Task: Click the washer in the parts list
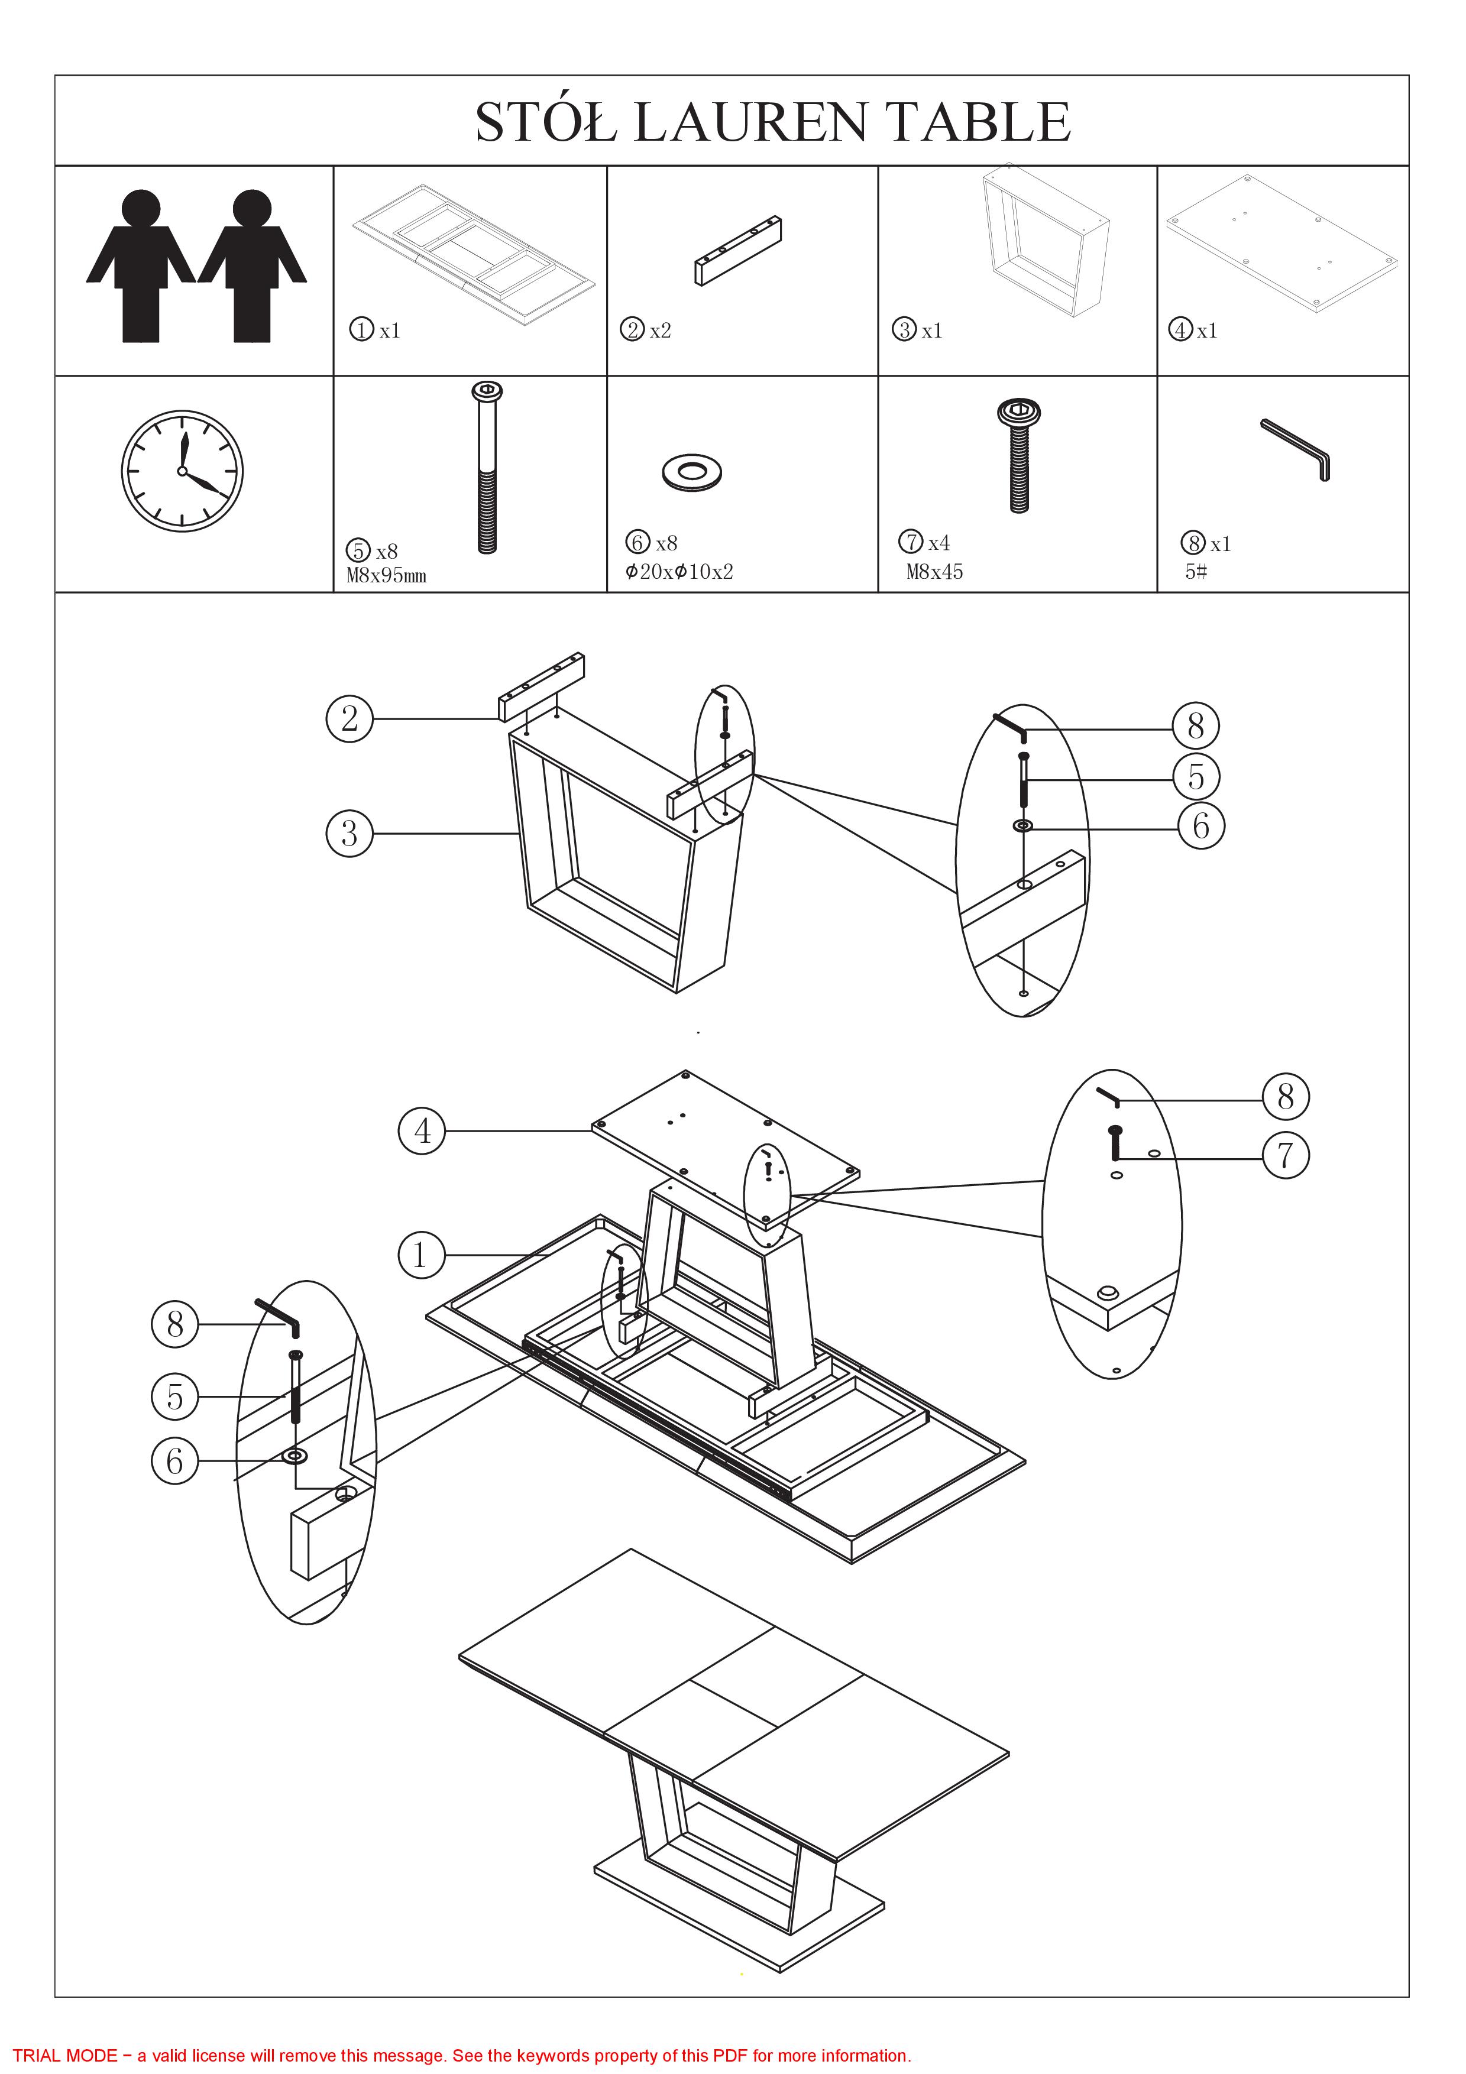pyautogui.click(x=692, y=472)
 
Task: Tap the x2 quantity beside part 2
pyautogui.click(x=661, y=330)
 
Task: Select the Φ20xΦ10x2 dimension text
pyautogui.click(x=679, y=572)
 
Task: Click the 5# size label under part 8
pyautogui.click(x=1196, y=572)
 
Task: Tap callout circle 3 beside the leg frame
pyautogui.click(x=349, y=833)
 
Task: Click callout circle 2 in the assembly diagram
pyautogui.click(x=349, y=719)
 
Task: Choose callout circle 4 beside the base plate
pyautogui.click(x=422, y=1131)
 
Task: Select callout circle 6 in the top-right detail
pyautogui.click(x=1201, y=825)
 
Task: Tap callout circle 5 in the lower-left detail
pyautogui.click(x=174, y=1396)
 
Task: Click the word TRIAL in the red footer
pyautogui.click(x=37, y=2056)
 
